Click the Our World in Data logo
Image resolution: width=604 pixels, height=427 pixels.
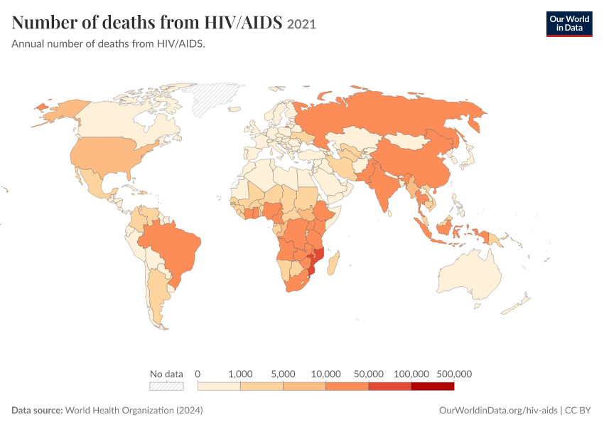569,24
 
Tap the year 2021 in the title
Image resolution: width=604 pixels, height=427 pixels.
301,24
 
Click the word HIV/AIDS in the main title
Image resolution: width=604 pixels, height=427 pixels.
243,22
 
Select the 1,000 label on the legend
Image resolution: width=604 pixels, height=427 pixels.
240,374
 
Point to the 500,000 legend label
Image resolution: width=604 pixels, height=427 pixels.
454,374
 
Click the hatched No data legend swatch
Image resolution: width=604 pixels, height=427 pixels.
166,386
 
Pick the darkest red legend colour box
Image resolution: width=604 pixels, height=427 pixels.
433,386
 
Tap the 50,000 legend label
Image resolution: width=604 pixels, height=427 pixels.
369,374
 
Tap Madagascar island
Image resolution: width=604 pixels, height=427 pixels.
333,263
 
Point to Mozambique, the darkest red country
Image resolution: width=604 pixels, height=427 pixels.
317,260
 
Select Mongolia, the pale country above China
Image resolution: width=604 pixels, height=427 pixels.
406,141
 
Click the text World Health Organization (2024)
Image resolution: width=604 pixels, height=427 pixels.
134,410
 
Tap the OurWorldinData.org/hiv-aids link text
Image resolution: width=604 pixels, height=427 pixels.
498,411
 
